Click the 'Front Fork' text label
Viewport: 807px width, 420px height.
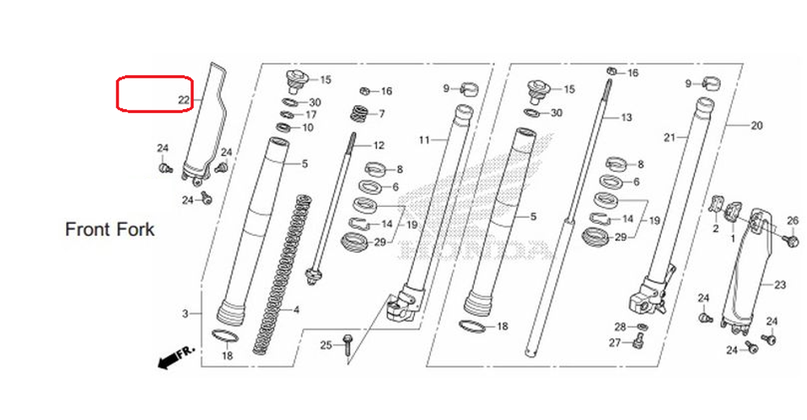(110, 229)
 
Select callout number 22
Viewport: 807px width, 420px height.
(183, 100)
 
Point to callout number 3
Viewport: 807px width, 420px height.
(185, 313)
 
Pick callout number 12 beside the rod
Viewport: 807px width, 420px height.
(378, 146)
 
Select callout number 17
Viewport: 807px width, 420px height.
(310, 115)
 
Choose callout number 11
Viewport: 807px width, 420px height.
(424, 140)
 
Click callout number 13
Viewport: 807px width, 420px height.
(626, 118)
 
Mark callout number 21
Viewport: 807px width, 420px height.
(668, 138)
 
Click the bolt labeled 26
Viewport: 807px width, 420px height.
(790, 240)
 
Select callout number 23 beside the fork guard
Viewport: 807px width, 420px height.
(780, 284)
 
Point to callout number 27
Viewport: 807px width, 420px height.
(614, 343)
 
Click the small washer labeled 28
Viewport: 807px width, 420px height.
(641, 326)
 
